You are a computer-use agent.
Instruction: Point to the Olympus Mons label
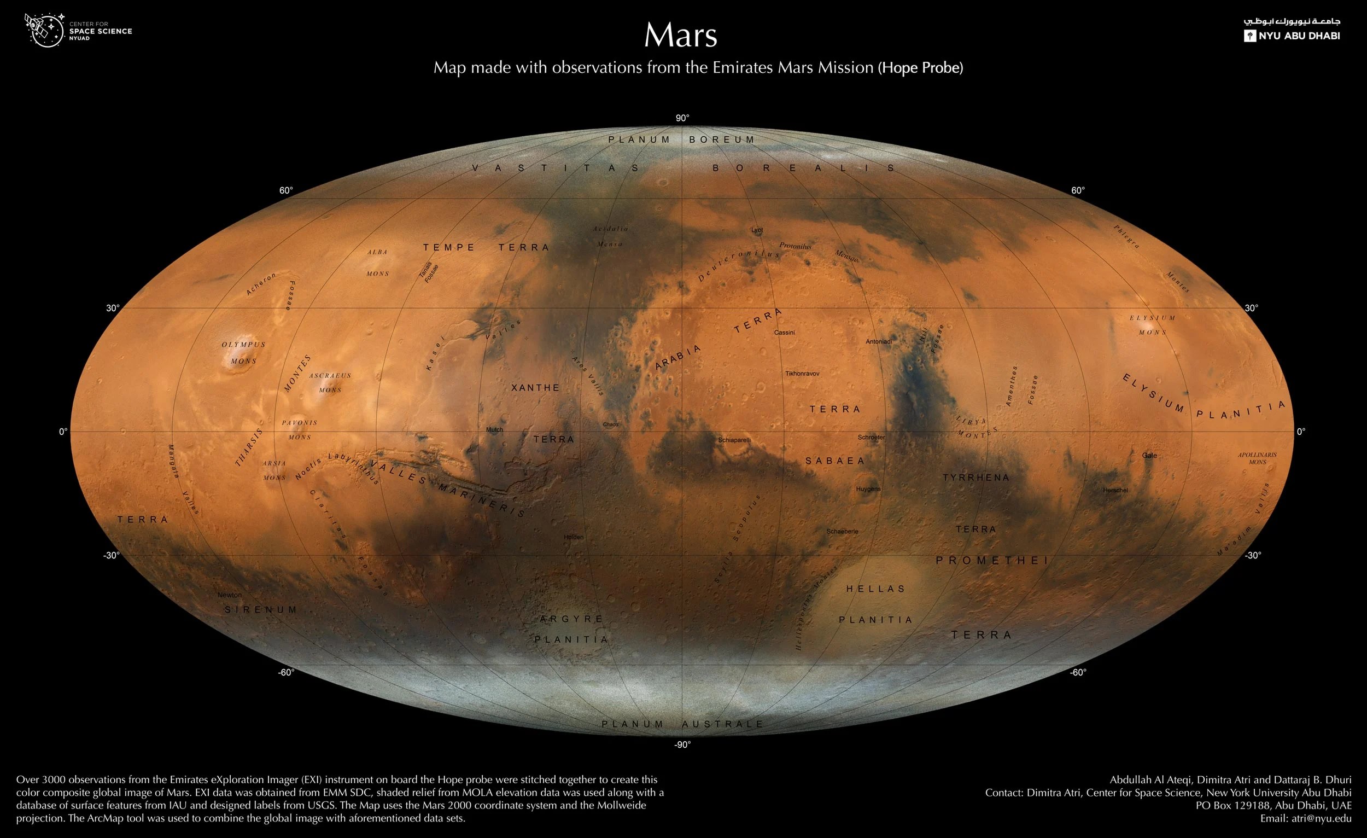[x=243, y=352]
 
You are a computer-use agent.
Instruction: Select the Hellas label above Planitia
[x=875, y=589]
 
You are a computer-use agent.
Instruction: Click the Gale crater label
[x=1149, y=456]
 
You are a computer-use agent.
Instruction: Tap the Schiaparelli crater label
[x=734, y=440]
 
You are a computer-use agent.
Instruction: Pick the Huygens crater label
[x=868, y=489]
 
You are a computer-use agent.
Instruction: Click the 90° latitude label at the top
[x=682, y=118]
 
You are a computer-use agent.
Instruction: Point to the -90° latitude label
[x=682, y=745]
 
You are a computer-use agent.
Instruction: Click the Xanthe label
[x=535, y=388]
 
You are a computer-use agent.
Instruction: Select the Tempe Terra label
[x=486, y=247]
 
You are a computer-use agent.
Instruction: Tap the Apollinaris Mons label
[x=1257, y=458]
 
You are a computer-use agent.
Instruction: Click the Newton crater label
[x=229, y=595]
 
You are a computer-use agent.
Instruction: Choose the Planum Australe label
[x=682, y=724]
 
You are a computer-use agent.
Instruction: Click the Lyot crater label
[x=757, y=230]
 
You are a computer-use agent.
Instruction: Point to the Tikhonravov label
[x=802, y=374]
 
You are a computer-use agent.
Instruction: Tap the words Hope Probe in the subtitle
[x=921, y=68]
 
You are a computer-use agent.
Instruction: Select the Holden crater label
[x=573, y=537]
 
